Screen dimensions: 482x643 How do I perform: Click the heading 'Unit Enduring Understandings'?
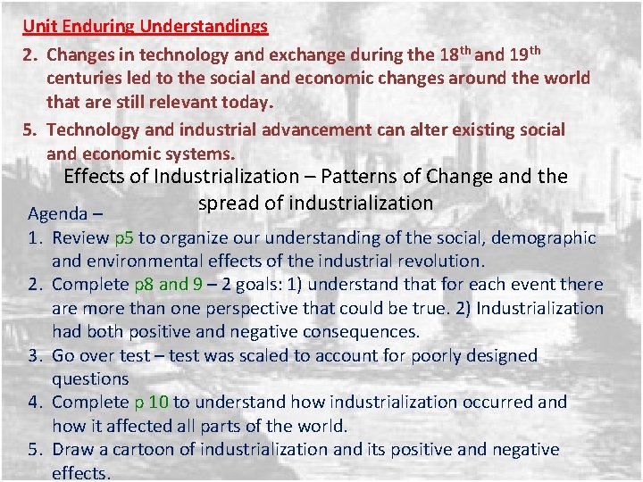point(145,26)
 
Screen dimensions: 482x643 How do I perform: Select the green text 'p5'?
point(124,237)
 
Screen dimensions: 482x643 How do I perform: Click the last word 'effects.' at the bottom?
point(81,473)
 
